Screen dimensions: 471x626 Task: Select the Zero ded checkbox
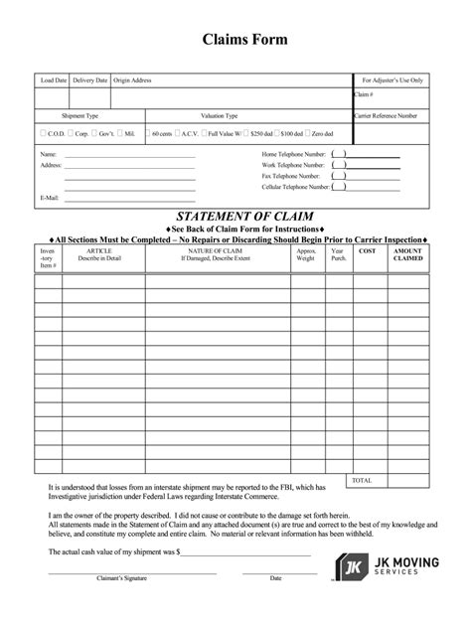click(x=308, y=132)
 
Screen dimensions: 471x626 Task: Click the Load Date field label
click(x=54, y=79)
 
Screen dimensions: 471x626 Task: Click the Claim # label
click(x=365, y=94)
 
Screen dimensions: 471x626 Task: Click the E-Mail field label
click(x=50, y=198)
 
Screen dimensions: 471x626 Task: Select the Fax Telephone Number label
click(x=292, y=176)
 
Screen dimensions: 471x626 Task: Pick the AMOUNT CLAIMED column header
click(x=407, y=255)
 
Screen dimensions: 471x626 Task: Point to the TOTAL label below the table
click(x=362, y=480)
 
